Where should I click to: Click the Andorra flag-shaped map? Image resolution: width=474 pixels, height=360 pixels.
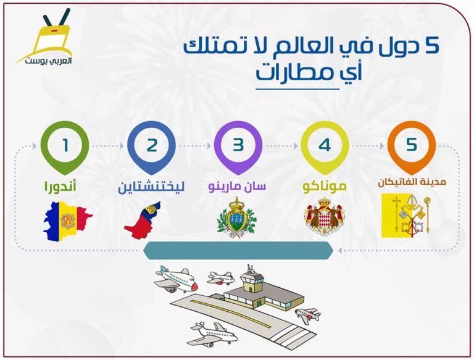click(67, 220)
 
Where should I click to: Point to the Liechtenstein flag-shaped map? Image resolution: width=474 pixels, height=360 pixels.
click(142, 221)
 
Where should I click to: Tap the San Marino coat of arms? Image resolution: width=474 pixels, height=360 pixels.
click(237, 217)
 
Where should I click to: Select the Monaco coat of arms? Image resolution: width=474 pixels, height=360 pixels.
click(325, 217)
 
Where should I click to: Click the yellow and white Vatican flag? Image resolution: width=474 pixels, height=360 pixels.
click(405, 216)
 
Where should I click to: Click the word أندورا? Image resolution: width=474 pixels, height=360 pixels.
click(60, 186)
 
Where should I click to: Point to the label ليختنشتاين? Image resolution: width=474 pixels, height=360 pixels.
click(151, 186)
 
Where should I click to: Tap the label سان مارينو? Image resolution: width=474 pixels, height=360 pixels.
click(237, 186)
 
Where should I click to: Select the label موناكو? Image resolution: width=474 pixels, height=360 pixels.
click(325, 186)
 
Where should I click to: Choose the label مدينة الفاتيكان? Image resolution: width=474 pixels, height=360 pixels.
click(408, 182)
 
